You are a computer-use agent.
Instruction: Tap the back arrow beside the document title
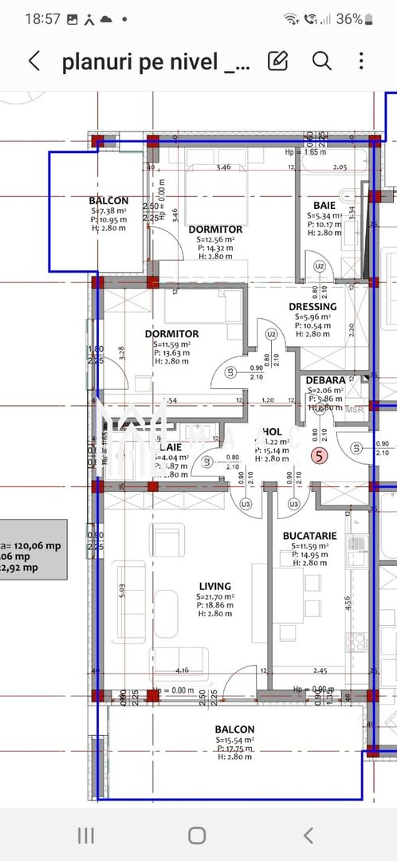[34, 61]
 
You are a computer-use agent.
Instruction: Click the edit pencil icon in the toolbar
[277, 61]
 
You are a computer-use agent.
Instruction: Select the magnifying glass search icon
[321, 61]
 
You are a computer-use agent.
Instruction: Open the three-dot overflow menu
[362, 61]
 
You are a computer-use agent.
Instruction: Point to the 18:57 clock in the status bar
[43, 18]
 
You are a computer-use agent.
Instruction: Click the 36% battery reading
[349, 18]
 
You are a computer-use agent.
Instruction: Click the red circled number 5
[320, 457]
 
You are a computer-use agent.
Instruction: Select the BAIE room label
[324, 205]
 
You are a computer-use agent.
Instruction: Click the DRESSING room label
[312, 306]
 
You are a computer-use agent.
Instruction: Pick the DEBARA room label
[325, 380]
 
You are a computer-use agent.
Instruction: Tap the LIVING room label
[215, 586]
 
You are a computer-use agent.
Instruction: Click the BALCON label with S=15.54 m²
[234, 729]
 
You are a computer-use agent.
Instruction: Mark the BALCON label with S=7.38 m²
[108, 201]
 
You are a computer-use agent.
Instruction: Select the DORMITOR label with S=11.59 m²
[171, 334]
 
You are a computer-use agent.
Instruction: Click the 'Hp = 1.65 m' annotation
[305, 151]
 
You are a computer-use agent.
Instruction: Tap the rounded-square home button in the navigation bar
[197, 835]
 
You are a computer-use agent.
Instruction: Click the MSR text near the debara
[354, 409]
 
